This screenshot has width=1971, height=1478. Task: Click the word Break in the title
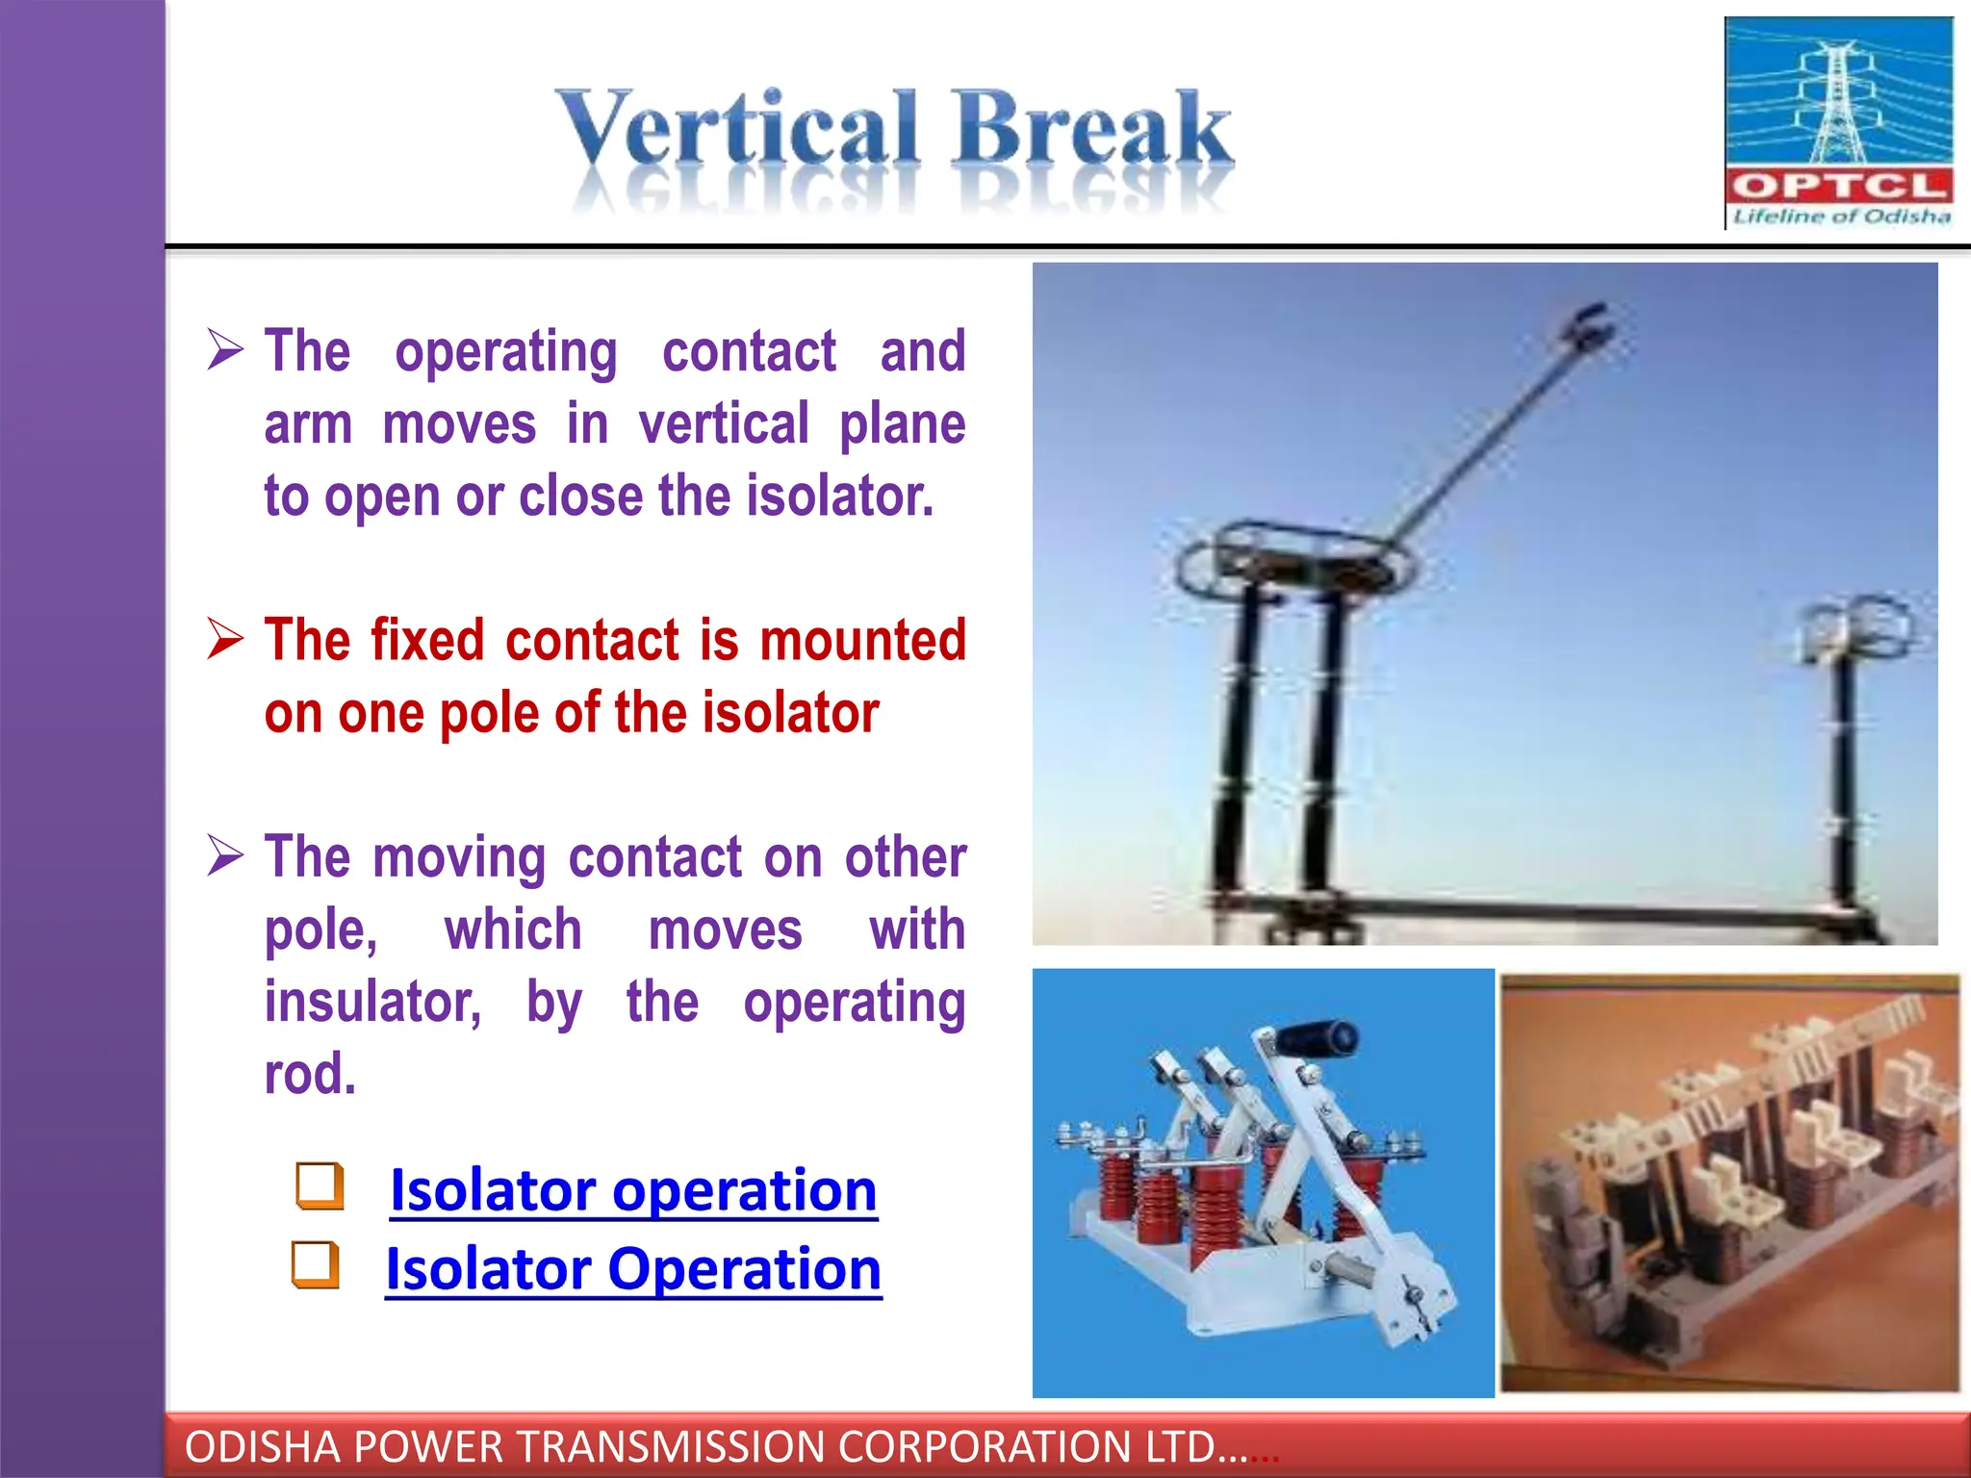pyautogui.click(x=1092, y=130)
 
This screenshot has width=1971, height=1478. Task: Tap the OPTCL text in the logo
pyautogui.click(x=1838, y=186)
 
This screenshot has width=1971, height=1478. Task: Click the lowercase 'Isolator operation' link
pyautogui.click(x=633, y=1190)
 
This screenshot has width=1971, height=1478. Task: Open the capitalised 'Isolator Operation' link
pyautogui.click(x=633, y=1269)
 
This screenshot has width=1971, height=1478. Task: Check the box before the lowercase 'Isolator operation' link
pyautogui.click(x=320, y=1185)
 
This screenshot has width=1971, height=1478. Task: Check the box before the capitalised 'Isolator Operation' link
pyautogui.click(x=316, y=1264)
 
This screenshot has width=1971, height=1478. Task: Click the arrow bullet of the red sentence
pyautogui.click(x=225, y=638)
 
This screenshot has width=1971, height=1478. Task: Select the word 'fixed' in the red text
pyautogui.click(x=426, y=640)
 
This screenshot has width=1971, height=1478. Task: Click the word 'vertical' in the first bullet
pyautogui.click(x=724, y=424)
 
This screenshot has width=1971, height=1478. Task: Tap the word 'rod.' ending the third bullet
pyautogui.click(x=310, y=1074)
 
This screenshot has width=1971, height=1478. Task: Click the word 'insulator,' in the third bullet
pyautogui.click(x=373, y=1002)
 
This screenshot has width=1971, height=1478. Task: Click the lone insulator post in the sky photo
pyautogui.click(x=1844, y=770)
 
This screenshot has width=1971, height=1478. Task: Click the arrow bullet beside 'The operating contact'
pyautogui.click(x=225, y=349)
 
